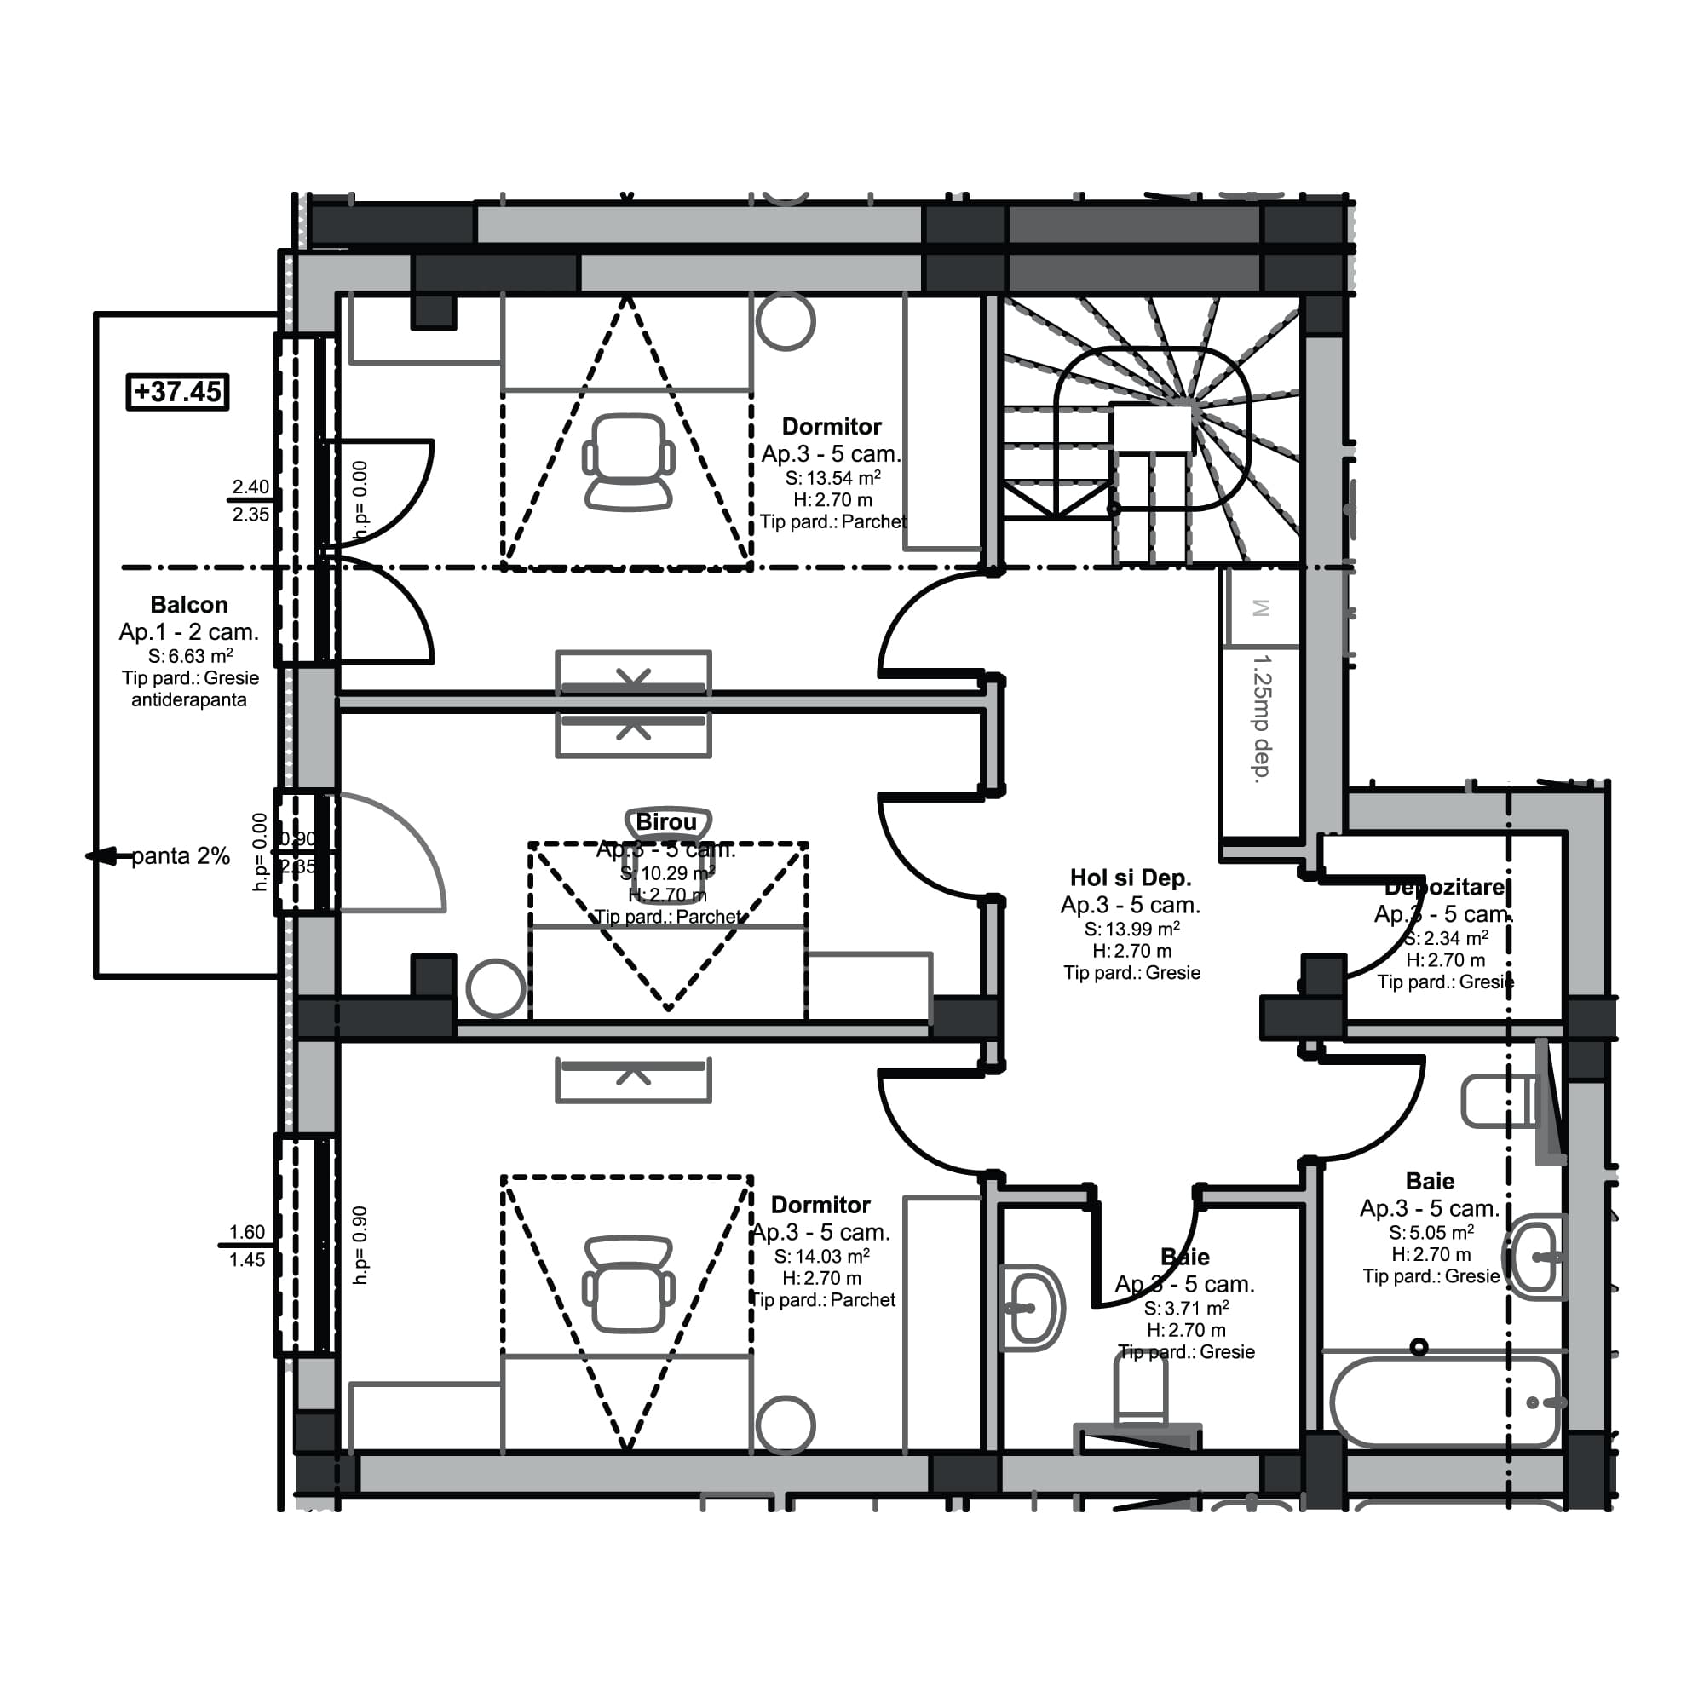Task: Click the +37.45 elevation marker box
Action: pyautogui.click(x=177, y=392)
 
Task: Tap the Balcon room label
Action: pyautogui.click(x=189, y=605)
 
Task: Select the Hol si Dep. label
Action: pyautogui.click(x=1131, y=878)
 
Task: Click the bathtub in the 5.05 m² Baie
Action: pyautogui.click(x=1444, y=1402)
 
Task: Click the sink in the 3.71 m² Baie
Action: pyautogui.click(x=1030, y=1309)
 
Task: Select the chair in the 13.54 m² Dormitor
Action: pyautogui.click(x=628, y=462)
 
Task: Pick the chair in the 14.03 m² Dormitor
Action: pyautogui.click(x=628, y=1284)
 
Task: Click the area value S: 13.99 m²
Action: pyautogui.click(x=1131, y=929)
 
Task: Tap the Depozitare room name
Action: pyautogui.click(x=1445, y=887)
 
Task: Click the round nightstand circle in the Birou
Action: pyautogui.click(x=496, y=988)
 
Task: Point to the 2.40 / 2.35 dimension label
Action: pyautogui.click(x=250, y=500)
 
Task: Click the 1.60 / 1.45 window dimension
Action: pyautogui.click(x=247, y=1246)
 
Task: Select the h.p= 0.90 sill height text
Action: pyautogui.click(x=360, y=1246)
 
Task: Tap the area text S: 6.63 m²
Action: pyautogui.click(x=191, y=656)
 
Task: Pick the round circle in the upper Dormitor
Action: pyautogui.click(x=785, y=322)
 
